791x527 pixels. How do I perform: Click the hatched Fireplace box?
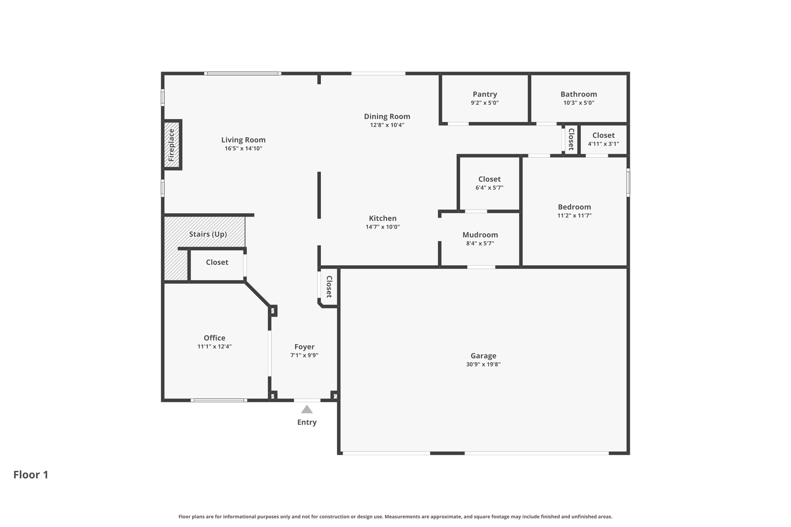(172, 145)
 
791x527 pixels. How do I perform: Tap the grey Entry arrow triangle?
(307, 409)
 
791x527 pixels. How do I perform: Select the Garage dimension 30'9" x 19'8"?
(483, 364)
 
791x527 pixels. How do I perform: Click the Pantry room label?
(485, 94)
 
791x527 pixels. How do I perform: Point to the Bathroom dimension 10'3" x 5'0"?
(579, 103)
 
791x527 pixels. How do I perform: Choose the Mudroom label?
(480, 235)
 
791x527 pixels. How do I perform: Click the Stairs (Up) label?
(208, 234)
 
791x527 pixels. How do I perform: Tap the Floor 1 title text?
(31, 474)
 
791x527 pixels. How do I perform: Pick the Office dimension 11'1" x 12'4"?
(214, 346)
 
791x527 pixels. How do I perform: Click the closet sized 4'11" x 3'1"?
(603, 139)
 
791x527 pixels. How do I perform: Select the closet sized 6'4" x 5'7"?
(489, 183)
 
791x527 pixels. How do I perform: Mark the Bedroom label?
(574, 207)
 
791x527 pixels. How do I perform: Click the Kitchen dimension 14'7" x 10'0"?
(382, 227)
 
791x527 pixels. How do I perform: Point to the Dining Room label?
(387, 116)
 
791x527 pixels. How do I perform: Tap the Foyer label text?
(304, 347)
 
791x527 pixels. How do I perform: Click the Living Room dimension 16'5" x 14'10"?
(243, 149)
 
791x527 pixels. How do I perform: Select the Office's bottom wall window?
(219, 400)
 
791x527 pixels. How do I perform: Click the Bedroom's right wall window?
(628, 183)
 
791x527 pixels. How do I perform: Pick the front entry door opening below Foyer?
(307, 400)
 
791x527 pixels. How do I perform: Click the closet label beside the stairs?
(217, 262)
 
